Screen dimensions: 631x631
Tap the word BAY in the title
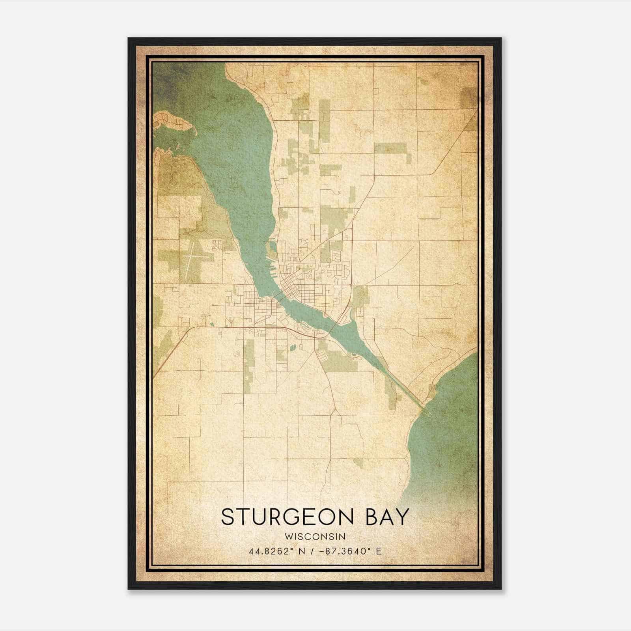388,517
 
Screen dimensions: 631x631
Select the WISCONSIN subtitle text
315,536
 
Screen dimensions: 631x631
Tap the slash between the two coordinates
313,551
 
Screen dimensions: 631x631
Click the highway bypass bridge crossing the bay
335,325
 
